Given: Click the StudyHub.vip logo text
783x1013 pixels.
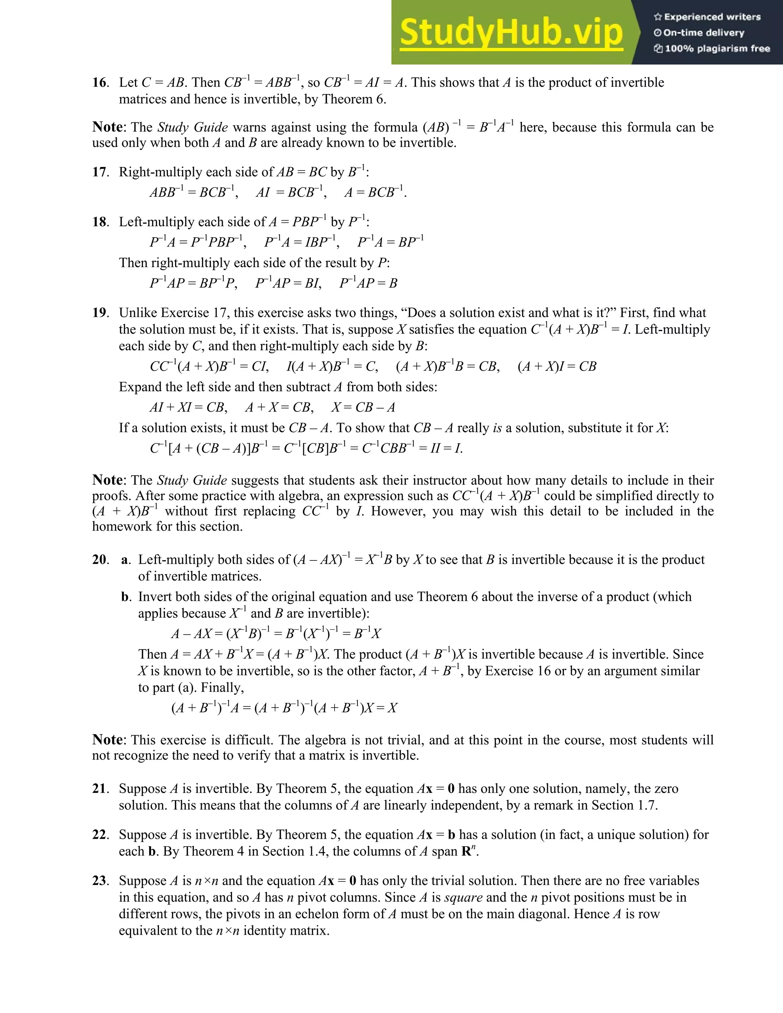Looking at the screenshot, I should point(511,32).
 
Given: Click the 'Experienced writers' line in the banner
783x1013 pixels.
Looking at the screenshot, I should point(708,17).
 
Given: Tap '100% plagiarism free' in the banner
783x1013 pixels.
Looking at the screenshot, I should point(712,49).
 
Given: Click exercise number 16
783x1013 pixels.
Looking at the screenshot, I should point(100,83).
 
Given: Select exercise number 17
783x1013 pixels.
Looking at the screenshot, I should point(100,172).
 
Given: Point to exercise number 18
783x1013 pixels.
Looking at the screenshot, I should point(100,222).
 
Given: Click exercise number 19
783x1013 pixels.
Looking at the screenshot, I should point(100,313).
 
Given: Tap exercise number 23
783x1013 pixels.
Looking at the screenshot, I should point(100,880).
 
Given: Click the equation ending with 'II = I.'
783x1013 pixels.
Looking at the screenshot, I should point(306,448).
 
